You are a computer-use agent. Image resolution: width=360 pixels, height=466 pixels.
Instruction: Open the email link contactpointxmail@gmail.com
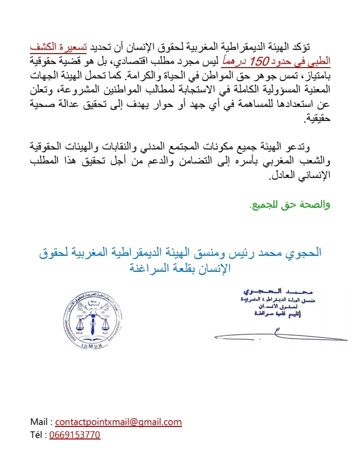point(118,422)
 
